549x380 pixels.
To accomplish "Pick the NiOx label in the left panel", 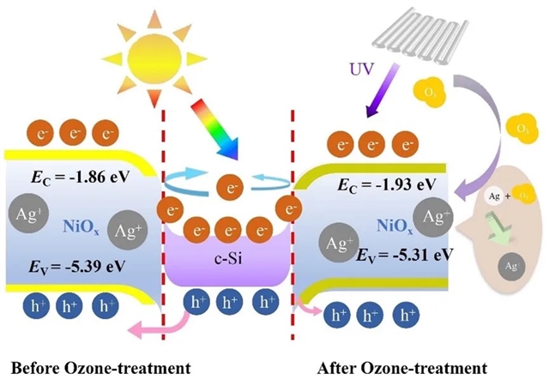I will pyautogui.click(x=83, y=226).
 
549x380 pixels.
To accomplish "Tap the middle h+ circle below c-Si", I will pyautogui.click(x=227, y=302).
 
